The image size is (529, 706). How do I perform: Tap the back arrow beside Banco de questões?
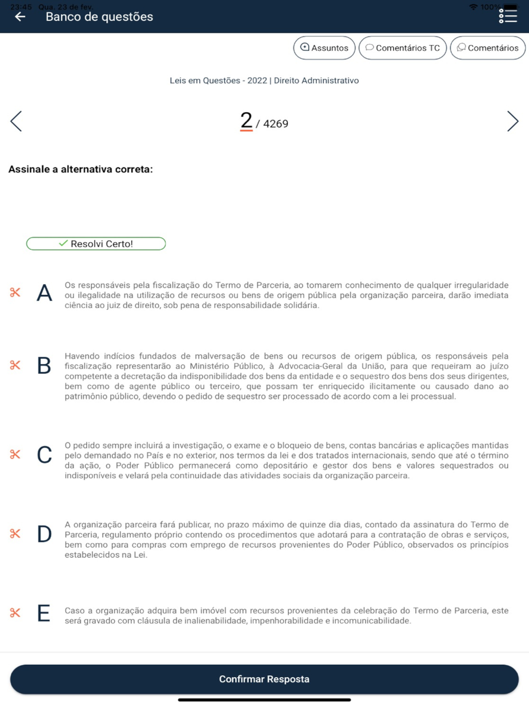tap(20, 17)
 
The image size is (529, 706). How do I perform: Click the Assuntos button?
tap(324, 48)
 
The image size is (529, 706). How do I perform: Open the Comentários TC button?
tap(403, 48)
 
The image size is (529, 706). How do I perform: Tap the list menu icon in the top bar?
tap(508, 16)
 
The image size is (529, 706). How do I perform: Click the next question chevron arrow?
tap(512, 121)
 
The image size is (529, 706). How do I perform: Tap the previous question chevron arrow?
tap(16, 121)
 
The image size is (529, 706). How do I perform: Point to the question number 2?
tap(246, 121)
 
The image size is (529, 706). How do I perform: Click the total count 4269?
tap(276, 124)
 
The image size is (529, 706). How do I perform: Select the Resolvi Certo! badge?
tap(96, 243)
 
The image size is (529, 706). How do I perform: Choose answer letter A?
tap(44, 293)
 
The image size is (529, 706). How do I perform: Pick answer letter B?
tap(44, 366)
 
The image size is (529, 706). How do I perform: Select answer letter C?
tap(44, 455)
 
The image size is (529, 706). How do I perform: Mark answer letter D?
tap(44, 534)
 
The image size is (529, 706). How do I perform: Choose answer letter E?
tap(44, 613)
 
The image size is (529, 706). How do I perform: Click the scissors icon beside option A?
tap(15, 292)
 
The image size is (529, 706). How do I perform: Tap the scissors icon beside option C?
tap(15, 454)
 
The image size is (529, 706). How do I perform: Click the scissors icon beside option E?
tap(15, 613)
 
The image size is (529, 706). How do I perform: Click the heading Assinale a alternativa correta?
tap(80, 169)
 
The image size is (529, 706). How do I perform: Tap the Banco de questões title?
tap(99, 17)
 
